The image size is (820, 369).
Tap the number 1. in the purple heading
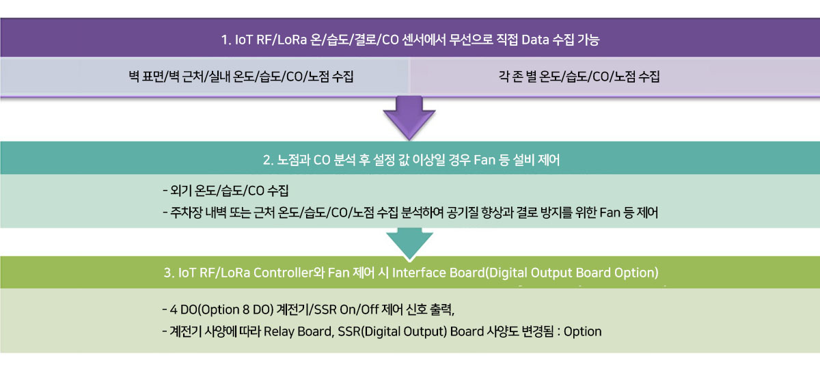pos(226,40)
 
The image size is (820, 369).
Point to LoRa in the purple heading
pos(292,40)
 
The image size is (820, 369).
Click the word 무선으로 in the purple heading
pos(471,40)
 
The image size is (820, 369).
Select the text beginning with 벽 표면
pos(241,77)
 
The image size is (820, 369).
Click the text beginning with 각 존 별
pos(579,77)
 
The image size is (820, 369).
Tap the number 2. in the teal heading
pos(268,160)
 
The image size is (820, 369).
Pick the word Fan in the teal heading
pos(484,160)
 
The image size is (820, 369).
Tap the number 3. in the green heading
pos(169,273)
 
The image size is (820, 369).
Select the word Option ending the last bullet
pos(582,331)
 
